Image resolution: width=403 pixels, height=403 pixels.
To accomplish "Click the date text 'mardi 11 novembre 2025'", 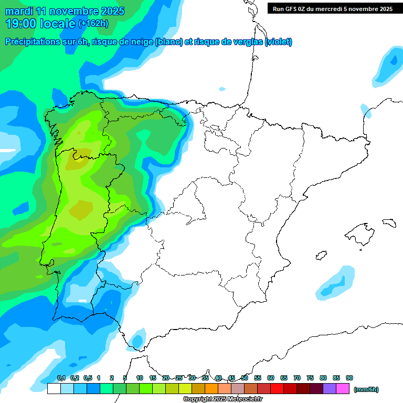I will pyautogui.click(x=65, y=11).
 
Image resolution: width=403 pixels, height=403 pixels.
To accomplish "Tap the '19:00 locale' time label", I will pyautogui.click(x=40, y=24).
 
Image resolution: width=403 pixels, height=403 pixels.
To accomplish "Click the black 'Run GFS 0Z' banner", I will pyautogui.click(x=333, y=8).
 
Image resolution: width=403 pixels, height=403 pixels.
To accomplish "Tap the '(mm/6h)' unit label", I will pyautogui.click(x=366, y=389).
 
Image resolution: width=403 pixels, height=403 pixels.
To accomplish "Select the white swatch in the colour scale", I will pyautogui.click(x=54, y=388).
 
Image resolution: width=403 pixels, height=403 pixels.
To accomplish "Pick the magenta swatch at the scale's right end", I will pyautogui.click(x=343, y=388).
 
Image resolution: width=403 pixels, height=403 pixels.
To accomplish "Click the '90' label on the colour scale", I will pyautogui.click(x=349, y=378).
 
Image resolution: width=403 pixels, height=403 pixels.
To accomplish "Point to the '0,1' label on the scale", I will pyautogui.click(x=61, y=378).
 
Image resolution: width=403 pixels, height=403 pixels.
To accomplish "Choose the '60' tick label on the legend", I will pyautogui.click(x=271, y=378).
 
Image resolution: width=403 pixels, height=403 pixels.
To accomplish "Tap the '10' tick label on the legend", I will pyautogui.click(x=140, y=378).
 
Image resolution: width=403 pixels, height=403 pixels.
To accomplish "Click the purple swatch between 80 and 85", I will pyautogui.click(x=330, y=388).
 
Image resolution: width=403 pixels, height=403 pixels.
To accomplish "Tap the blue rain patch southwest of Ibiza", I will pyautogui.click(x=336, y=283).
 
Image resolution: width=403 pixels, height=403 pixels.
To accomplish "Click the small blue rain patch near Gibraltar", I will pyautogui.click(x=138, y=338).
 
